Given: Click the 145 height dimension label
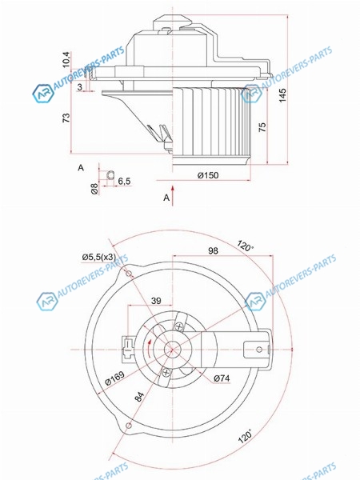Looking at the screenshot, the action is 282,95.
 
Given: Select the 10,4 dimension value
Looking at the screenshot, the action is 66,59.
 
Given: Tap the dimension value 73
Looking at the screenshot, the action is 66,118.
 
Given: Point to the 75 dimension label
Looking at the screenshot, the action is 262,127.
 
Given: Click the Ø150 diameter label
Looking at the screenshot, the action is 208,175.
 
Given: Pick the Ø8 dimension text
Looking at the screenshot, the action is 94,189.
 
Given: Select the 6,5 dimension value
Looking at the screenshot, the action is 124,182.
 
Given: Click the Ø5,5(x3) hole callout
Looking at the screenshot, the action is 99,257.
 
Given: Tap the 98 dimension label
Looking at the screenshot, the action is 213,250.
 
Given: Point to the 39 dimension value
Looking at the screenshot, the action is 156,301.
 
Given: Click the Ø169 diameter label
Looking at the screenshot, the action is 114,378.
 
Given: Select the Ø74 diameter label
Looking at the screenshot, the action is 222,378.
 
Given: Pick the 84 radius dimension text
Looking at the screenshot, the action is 139,397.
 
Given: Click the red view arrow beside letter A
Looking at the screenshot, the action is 173,195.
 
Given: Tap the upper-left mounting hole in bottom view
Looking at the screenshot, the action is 129,274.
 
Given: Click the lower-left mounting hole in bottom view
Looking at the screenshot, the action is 129,426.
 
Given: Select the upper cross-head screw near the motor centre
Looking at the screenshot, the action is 179,326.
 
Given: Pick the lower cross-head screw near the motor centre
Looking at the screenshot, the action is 166,373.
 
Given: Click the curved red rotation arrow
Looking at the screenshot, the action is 148,348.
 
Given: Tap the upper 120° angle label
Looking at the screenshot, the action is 245,246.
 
